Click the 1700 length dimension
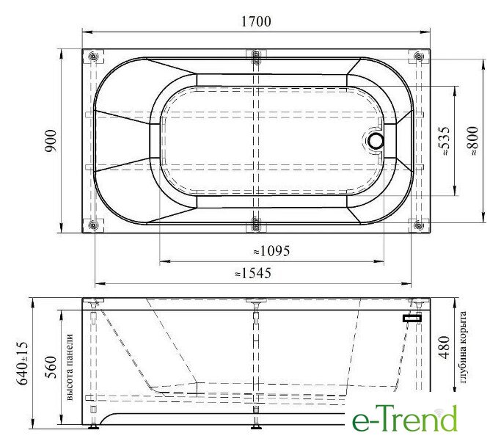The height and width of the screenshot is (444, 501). tap(256, 22)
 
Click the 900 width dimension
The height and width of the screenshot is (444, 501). tap(51, 141)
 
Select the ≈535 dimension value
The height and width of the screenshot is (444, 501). tap(445, 141)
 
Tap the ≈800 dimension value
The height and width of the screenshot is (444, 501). tap(473, 141)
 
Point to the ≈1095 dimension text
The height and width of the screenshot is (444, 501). tap(271, 251)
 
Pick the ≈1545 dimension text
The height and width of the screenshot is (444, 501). tap(253, 273)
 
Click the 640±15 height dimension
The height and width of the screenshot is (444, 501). tap(22, 363)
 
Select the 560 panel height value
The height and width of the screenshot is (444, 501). tap(51, 367)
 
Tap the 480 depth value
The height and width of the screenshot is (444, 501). tap(445, 347)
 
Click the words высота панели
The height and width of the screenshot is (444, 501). tap(70, 367)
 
